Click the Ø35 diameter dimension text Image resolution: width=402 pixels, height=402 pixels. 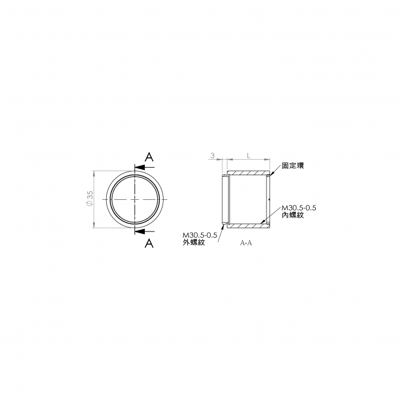click(x=90, y=199)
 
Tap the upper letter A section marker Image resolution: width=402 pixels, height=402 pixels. click(x=149, y=157)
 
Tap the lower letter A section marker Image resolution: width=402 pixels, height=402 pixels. click(x=149, y=243)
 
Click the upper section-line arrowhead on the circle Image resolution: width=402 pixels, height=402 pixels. click(x=140, y=168)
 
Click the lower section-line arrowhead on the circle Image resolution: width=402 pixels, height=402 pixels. click(x=140, y=231)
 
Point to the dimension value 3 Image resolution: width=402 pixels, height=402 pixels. click(x=212, y=156)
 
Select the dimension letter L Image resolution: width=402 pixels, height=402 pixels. click(x=248, y=156)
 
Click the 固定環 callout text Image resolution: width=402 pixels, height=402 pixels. click(x=293, y=165)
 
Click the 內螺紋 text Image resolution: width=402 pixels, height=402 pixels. click(x=293, y=215)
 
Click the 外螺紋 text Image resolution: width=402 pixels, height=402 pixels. click(x=194, y=242)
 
